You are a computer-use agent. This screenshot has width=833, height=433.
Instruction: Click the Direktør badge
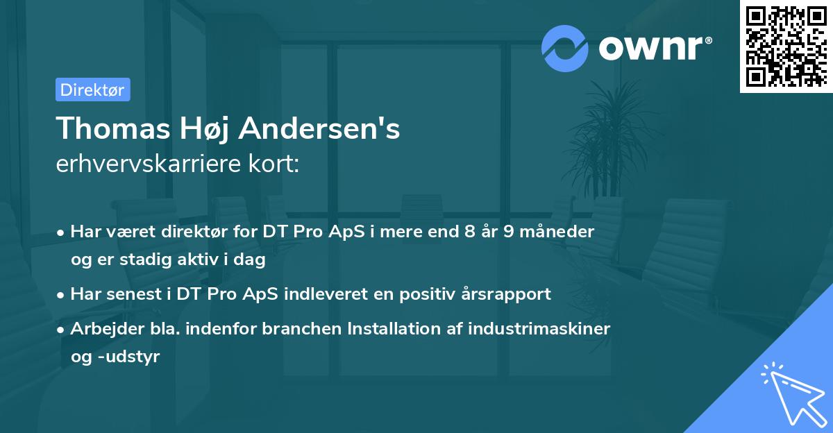click(x=92, y=90)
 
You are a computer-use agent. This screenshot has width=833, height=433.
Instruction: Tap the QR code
click(x=786, y=46)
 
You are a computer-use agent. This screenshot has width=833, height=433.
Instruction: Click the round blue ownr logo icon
click(x=565, y=49)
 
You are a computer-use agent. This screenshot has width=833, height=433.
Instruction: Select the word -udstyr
click(x=128, y=357)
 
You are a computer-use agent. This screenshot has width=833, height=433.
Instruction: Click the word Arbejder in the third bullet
click(x=103, y=328)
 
